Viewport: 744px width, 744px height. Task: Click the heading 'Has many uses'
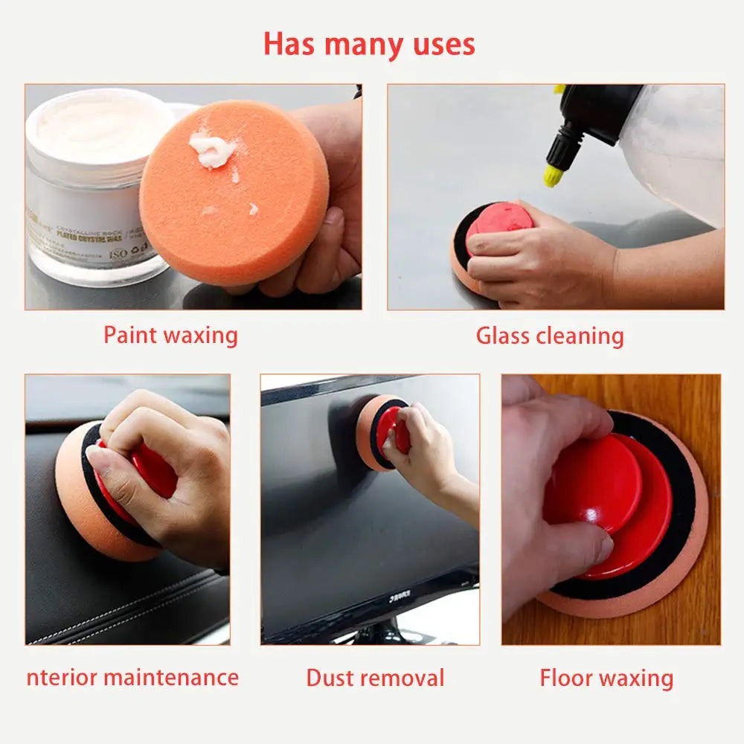click(369, 45)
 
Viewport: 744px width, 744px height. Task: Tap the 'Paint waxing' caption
click(170, 335)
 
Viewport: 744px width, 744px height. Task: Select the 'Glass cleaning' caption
click(550, 336)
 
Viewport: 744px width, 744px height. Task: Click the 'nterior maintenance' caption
click(132, 678)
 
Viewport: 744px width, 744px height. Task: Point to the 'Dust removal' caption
click(375, 678)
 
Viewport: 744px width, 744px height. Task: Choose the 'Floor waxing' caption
click(606, 678)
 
